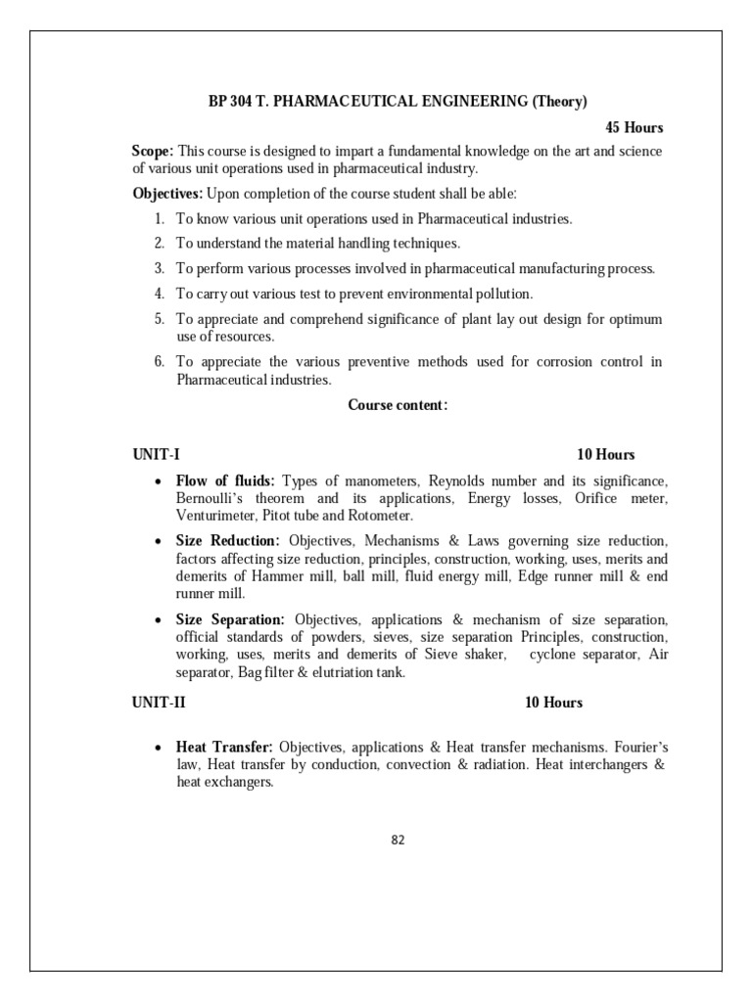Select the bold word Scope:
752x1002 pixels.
[x=153, y=151]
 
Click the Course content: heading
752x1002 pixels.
[x=398, y=405]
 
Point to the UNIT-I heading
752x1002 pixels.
[x=157, y=454]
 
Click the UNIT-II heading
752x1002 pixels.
[x=160, y=703]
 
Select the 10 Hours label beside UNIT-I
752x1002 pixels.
[x=605, y=454]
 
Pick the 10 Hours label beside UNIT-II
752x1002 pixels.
[x=553, y=703]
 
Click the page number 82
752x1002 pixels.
[x=398, y=840]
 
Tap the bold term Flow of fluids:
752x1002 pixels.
[x=225, y=481]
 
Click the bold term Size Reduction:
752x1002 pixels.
[x=227, y=541]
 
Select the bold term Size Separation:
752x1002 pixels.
[x=230, y=619]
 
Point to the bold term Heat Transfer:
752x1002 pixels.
[x=222, y=748]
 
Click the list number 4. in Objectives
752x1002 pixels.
[x=159, y=294]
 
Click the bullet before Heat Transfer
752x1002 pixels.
[x=159, y=749]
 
